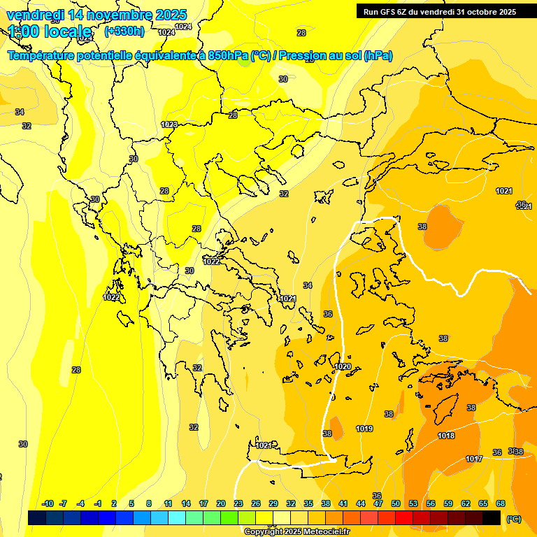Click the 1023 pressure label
point(169,124)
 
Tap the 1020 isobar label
point(343,366)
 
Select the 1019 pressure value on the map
point(364,429)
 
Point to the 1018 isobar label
point(446,436)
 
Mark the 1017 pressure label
point(474,459)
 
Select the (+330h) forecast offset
point(124,31)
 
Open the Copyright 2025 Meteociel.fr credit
point(297,532)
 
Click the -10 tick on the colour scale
point(48,503)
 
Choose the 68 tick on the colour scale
point(501,503)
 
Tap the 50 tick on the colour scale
point(396,503)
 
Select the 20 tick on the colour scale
point(221,503)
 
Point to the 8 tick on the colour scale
point(149,503)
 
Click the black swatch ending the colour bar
point(492,517)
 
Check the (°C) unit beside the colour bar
point(513,519)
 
